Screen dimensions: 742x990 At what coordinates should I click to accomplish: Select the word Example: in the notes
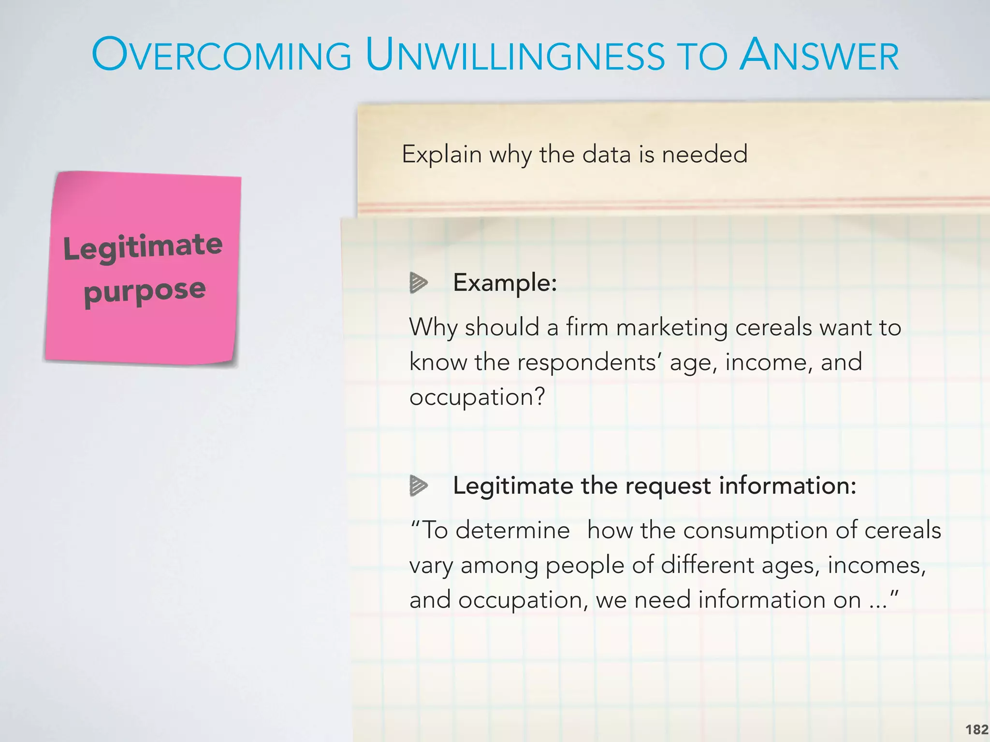(505, 283)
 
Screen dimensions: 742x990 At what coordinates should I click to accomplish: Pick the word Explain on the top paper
(442, 155)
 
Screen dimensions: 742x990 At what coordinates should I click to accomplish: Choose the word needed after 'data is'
(704, 155)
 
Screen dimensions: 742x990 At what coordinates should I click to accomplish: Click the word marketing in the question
(671, 328)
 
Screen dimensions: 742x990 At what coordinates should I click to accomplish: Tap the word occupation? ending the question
(477, 397)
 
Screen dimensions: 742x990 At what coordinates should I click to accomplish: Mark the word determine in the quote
(512, 530)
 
